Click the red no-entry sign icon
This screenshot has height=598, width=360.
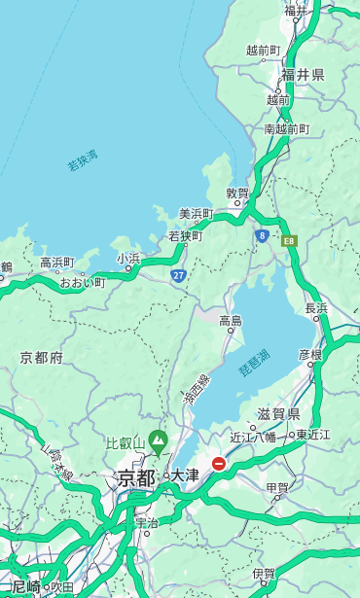pyautogui.click(x=219, y=465)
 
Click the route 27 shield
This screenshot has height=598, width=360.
pyautogui.click(x=178, y=276)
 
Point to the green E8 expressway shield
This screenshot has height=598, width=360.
pyautogui.click(x=289, y=239)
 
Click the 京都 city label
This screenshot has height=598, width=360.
pyautogui.click(x=136, y=477)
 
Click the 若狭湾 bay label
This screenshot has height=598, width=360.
pyautogui.click(x=83, y=160)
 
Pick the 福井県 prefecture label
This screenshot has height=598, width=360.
pyautogui.click(x=303, y=75)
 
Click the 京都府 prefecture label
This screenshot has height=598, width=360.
pyautogui.click(x=42, y=358)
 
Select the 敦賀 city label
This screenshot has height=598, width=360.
pyautogui.click(x=237, y=193)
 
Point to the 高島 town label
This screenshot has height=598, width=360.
pyautogui.click(x=231, y=321)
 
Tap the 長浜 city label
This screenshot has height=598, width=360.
pyautogui.click(x=316, y=308)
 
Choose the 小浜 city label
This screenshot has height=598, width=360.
pyautogui.click(x=128, y=259)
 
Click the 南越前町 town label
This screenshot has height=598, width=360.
pyautogui.click(x=286, y=128)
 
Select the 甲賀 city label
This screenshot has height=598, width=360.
pyautogui.click(x=277, y=487)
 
